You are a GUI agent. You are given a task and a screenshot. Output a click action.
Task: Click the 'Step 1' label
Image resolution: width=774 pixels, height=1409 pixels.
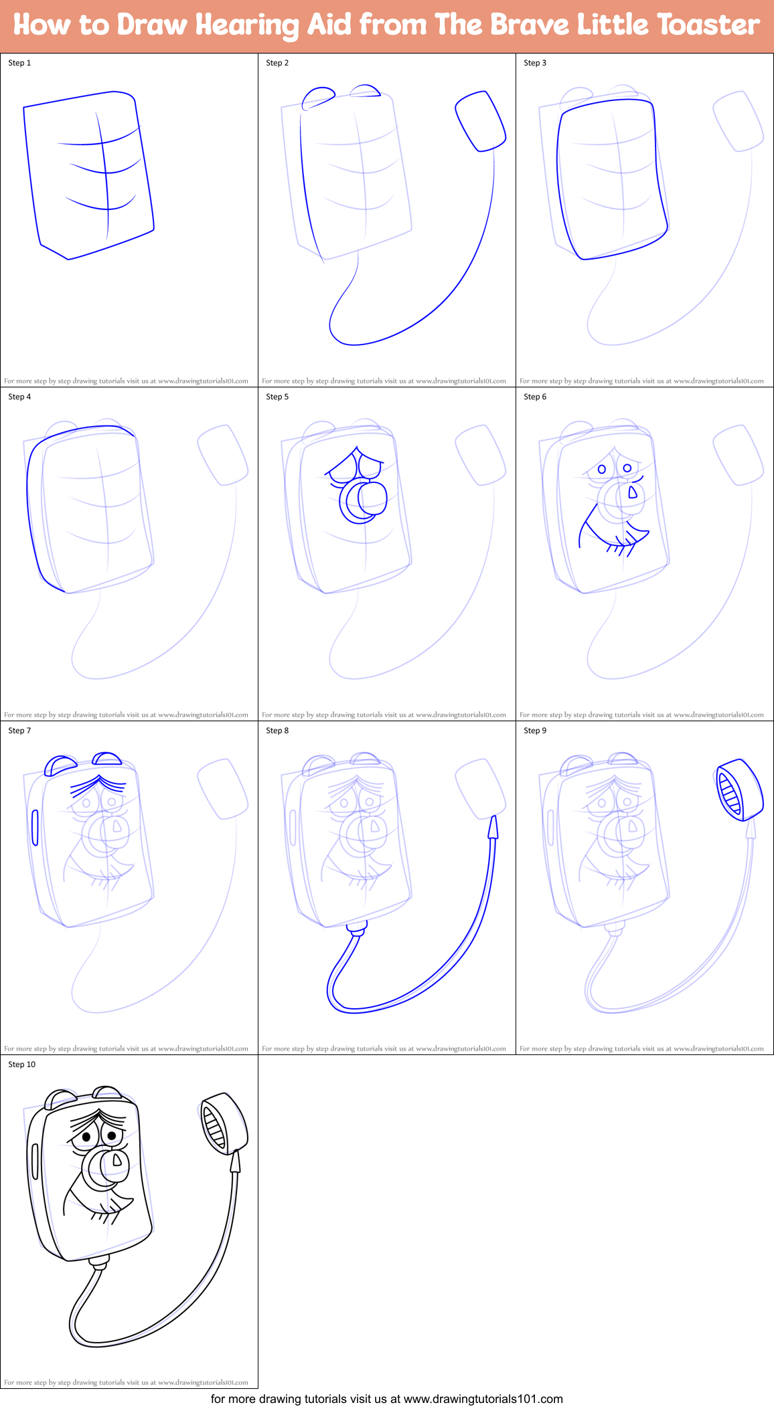[19, 63]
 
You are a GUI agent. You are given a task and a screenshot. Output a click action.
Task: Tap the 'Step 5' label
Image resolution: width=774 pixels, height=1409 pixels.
[277, 397]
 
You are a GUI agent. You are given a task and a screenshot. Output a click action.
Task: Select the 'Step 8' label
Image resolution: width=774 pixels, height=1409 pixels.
[277, 731]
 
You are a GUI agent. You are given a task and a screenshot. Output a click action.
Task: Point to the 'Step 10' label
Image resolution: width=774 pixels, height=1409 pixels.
[21, 1064]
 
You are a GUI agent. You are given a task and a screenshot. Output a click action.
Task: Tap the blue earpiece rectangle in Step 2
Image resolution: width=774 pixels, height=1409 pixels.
[480, 121]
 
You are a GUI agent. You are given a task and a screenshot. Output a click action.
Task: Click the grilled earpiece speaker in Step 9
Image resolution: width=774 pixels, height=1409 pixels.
[738, 790]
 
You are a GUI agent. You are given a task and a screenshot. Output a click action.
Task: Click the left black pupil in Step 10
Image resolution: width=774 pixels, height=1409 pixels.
[87, 1137]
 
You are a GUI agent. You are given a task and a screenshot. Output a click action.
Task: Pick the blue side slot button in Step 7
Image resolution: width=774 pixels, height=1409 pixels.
[35, 828]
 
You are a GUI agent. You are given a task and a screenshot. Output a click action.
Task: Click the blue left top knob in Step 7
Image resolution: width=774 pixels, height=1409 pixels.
[60, 765]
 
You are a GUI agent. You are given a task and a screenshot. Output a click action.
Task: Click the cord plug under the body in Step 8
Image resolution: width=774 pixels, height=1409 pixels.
[358, 929]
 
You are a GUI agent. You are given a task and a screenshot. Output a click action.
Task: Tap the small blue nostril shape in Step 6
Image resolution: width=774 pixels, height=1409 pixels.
[632, 494]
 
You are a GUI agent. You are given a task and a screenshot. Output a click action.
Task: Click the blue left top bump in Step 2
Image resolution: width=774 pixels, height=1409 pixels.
[318, 96]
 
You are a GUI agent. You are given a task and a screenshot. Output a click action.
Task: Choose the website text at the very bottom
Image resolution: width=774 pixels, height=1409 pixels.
[386, 1399]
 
